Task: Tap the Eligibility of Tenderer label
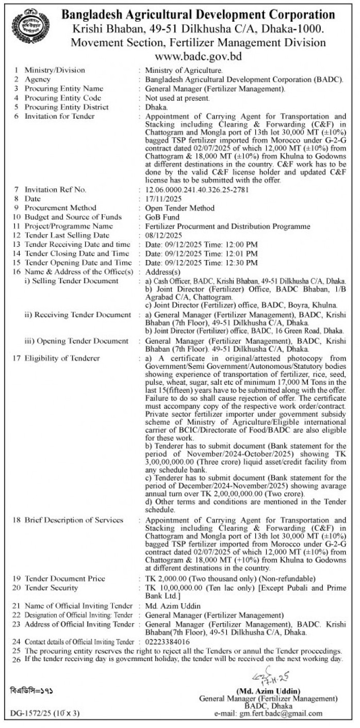click(62, 359)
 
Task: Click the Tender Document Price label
click(65, 579)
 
